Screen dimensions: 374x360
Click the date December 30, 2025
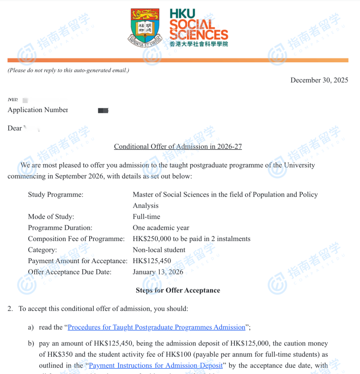pos(319,80)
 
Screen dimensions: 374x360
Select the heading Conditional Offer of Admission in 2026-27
pos(178,146)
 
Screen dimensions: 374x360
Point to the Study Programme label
pos(55,194)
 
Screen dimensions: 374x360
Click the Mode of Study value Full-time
pos(146,216)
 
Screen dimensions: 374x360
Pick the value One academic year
pos(161,228)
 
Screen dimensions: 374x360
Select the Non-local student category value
pos(159,250)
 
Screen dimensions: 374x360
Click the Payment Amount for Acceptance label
pos(77,261)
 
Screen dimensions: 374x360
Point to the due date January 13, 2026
pos(158,272)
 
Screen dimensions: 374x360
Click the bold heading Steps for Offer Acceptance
pos(178,290)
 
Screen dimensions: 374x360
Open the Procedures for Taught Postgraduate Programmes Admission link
pos(157,327)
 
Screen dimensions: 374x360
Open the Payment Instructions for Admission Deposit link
pos(156,365)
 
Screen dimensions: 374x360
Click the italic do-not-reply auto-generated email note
pos(68,70)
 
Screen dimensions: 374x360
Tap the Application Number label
pos(38,110)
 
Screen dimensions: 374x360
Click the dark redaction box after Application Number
pos(103,110)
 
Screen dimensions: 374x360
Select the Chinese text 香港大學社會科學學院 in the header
pos(199,44)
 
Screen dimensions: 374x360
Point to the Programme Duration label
pos(60,228)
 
